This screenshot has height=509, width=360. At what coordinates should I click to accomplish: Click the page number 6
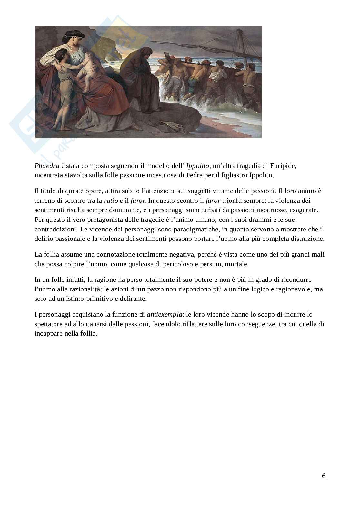click(x=324, y=476)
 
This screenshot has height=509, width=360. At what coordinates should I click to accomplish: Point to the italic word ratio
click(x=111, y=201)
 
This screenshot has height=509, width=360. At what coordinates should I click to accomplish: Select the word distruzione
click(x=307, y=239)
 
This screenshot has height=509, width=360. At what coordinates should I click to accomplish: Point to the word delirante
click(x=133, y=299)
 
